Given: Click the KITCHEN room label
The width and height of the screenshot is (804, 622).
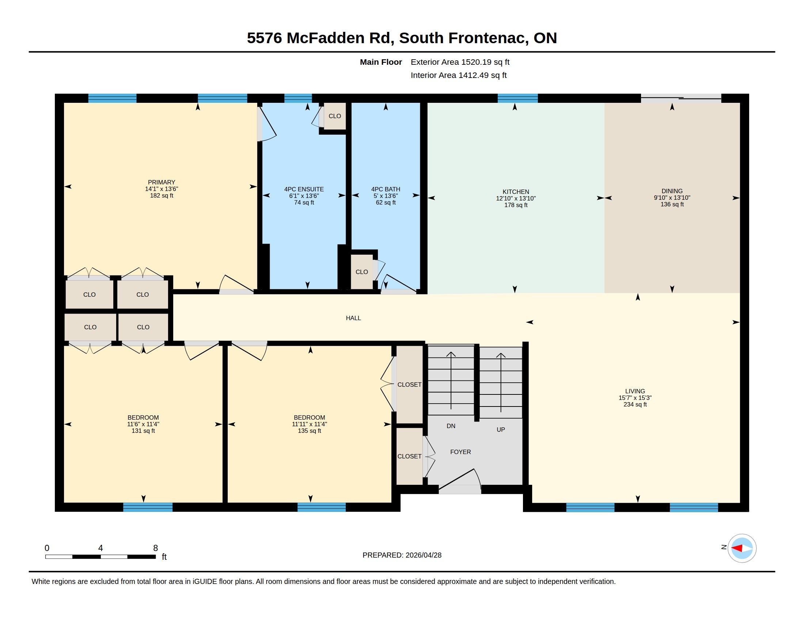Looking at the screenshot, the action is [516, 192].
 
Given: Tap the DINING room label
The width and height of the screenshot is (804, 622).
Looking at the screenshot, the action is [672, 191].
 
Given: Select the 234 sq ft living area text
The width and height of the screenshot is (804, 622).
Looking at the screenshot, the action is [635, 404].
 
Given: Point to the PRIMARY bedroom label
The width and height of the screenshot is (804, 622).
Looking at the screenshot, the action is [162, 182].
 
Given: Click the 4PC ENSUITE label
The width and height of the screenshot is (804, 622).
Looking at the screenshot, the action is [304, 189].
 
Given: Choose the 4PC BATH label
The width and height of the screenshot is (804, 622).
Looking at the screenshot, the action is [386, 189].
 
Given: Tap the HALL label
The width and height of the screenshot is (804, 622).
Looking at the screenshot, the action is [353, 318].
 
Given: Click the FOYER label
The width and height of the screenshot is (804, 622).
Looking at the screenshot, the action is [460, 452].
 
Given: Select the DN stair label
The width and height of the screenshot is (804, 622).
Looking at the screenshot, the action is [451, 426].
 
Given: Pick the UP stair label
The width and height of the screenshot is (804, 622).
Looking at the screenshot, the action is [501, 430].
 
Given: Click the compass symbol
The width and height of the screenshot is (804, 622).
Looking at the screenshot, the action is [742, 548].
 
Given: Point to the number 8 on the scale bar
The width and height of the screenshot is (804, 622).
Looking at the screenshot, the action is [156, 548].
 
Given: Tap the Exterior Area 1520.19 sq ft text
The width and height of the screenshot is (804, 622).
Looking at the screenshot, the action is [460, 62].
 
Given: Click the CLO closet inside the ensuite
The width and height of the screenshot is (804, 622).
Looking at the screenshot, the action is [335, 116].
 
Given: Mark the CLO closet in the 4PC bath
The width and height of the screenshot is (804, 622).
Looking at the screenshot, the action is [361, 272].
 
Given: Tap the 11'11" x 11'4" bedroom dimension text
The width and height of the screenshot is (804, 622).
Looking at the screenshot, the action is [309, 424].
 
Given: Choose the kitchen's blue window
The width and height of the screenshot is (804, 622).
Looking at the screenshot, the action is [517, 98].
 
